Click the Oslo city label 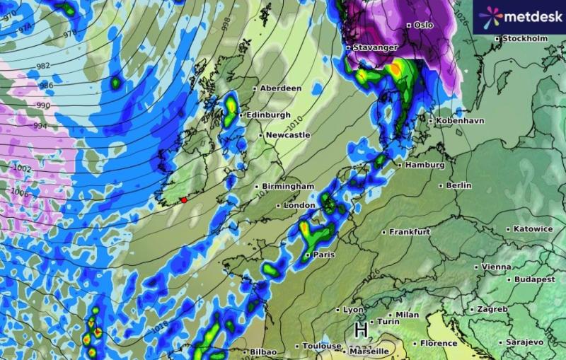point(423,25)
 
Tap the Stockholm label point(525,38)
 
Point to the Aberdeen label point(280,88)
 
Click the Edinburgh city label point(268,115)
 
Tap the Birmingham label point(287,186)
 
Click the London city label point(299,205)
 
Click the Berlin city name point(458,185)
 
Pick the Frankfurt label point(410,231)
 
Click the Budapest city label point(535,279)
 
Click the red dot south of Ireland point(184,200)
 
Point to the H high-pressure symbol point(361,330)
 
